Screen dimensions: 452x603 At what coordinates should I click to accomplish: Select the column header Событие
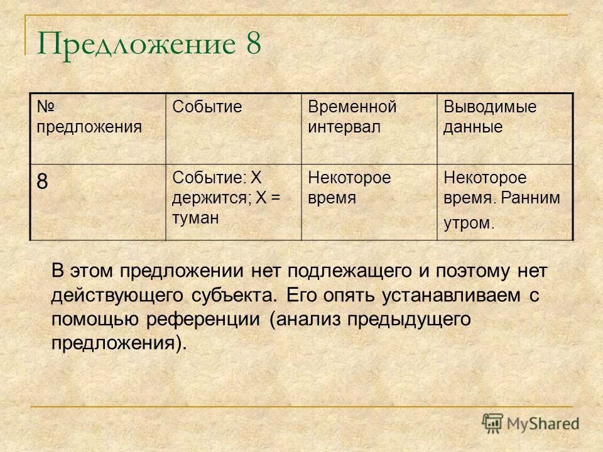point(207,107)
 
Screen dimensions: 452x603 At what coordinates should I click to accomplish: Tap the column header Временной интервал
point(352,117)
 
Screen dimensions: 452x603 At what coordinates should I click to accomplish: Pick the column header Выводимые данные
point(490,117)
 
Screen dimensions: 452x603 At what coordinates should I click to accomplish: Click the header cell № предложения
point(89,117)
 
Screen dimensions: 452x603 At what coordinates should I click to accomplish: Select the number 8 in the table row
point(42,182)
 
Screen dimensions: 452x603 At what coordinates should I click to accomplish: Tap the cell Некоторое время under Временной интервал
point(349,188)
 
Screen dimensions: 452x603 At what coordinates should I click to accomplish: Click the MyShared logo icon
point(493,422)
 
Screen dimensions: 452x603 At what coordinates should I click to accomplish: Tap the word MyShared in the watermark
point(543,423)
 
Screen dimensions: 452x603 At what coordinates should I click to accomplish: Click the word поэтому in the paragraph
point(470,271)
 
